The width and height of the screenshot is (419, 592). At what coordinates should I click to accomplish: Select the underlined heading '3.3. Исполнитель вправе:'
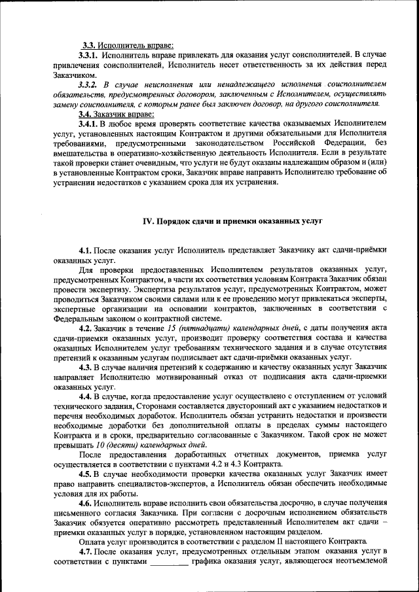click(x=127, y=45)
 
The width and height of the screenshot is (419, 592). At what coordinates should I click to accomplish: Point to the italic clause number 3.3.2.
click(x=88, y=84)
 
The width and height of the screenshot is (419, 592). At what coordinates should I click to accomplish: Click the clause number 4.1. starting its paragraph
click(x=86, y=251)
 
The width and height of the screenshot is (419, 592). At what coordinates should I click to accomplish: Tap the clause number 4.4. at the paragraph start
click(x=86, y=397)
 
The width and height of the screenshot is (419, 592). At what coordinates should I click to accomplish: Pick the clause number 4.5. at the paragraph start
click(x=86, y=475)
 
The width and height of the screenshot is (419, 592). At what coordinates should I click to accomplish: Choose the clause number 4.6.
click(x=86, y=504)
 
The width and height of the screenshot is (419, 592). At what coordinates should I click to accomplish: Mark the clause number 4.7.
click(x=86, y=553)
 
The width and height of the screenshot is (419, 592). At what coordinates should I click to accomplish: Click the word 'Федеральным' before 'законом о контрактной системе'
click(x=79, y=319)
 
